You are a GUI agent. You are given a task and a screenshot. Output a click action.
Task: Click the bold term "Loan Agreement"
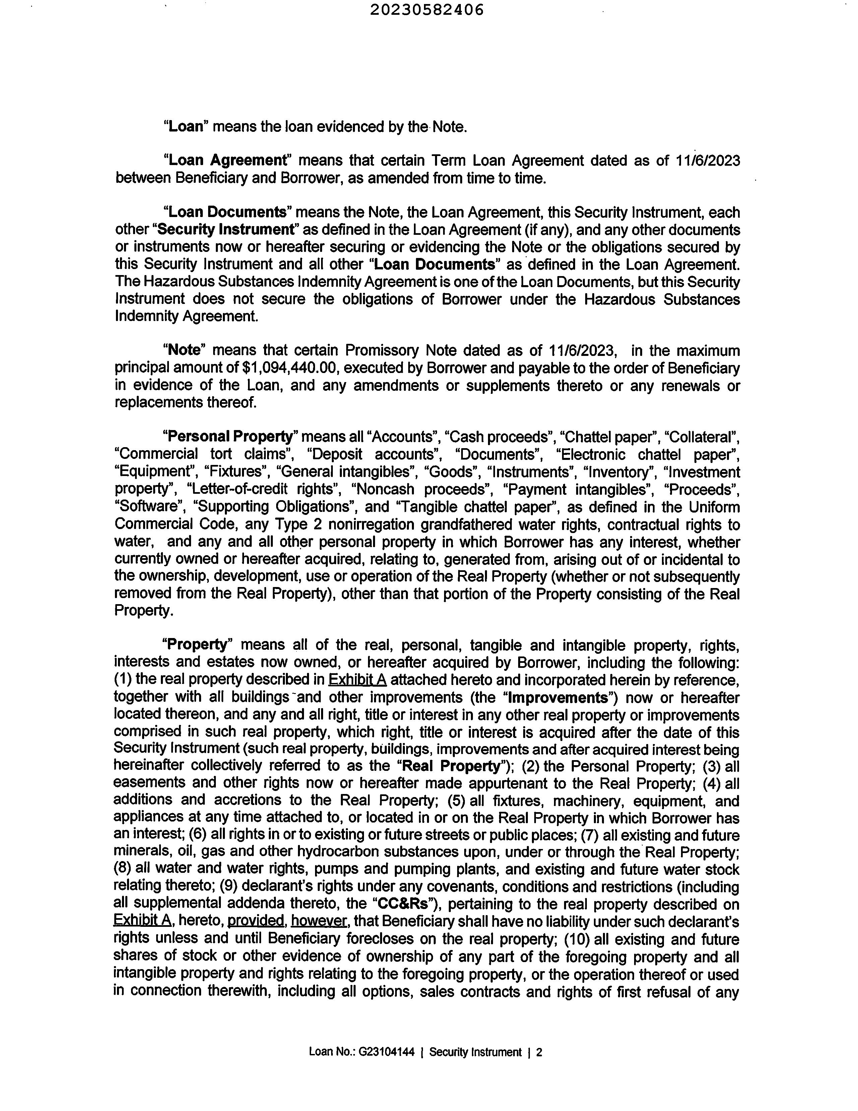point(228,160)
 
